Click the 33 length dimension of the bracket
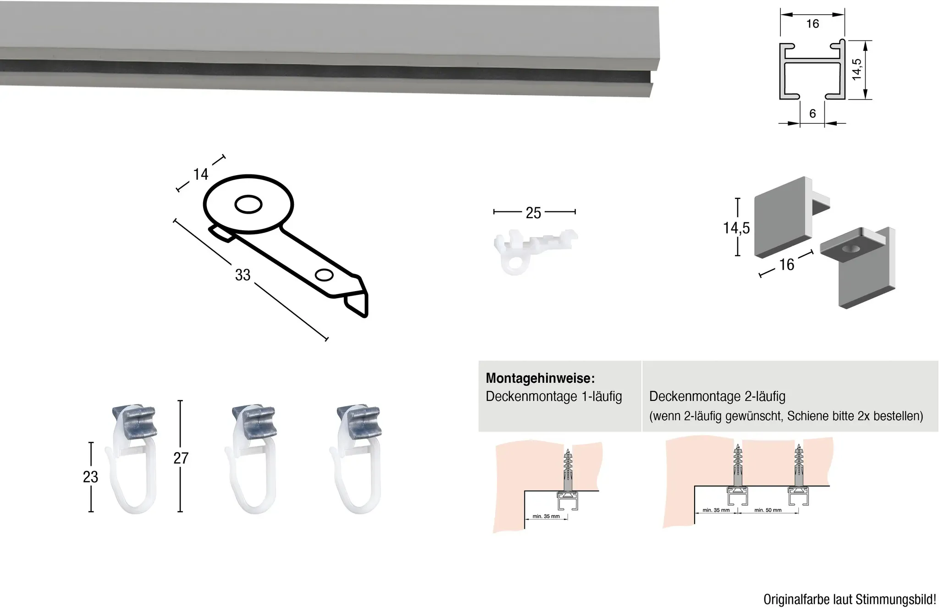pos(243,275)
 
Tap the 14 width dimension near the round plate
pos(201,174)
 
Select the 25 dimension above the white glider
pos(534,213)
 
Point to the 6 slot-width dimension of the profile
pos(812,113)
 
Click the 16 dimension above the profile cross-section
pos(812,23)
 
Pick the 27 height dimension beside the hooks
pos(181,458)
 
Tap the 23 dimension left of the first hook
pos(91,477)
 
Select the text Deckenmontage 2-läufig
pos(718,397)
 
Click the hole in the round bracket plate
pos(249,205)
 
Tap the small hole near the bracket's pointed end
pos(324,275)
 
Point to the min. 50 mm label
pos(768,510)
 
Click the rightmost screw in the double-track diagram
pos(799,465)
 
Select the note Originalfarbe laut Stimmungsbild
pos(850,599)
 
